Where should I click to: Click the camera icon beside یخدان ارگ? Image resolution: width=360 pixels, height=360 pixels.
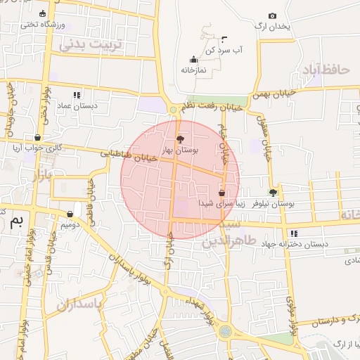pos(273,15)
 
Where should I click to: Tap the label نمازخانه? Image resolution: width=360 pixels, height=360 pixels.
pos(194,70)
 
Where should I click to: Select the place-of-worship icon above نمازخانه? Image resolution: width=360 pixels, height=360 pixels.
pos(194,60)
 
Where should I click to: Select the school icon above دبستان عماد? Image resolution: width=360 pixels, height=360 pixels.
pos(77,94)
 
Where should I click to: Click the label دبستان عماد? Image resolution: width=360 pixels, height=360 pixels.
pos(77,105)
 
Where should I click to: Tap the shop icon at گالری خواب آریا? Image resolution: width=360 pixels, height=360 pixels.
pos(37,137)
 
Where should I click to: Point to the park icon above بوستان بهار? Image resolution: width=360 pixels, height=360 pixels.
pos(180,139)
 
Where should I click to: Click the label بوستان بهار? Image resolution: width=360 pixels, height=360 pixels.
pos(181,150)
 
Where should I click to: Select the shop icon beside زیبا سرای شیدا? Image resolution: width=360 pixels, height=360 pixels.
pos(222,192)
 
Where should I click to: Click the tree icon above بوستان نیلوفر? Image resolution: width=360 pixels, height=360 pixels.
pos(273,192)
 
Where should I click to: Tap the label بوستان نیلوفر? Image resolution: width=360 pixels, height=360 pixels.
pos(276,203)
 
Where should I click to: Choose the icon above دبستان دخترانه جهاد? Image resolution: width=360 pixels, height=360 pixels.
pos(293,233)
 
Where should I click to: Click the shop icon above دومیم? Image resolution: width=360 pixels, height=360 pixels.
pos(70,214)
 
